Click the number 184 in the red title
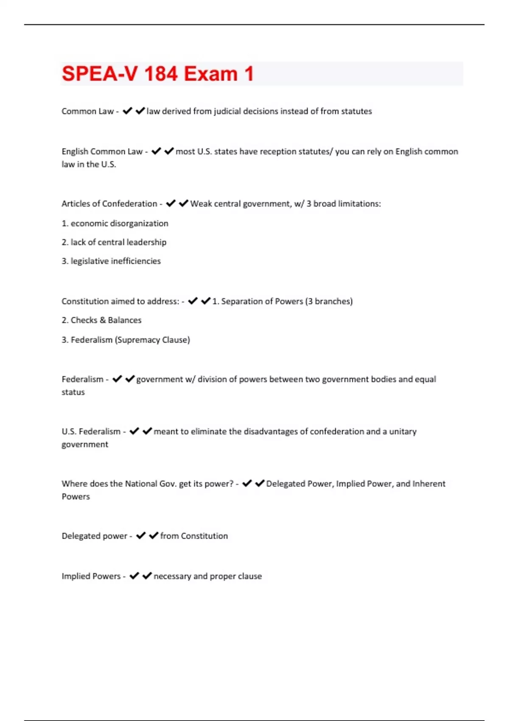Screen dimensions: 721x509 pos(161,74)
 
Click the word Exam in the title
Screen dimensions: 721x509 pos(211,74)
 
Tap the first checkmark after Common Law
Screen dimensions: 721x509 pos(127,111)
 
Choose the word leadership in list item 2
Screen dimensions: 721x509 pos(144,242)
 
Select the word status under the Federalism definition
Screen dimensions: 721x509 pos(73,392)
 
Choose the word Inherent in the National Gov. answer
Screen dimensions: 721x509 pos(429,483)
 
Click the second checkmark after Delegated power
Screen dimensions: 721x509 pos(154,536)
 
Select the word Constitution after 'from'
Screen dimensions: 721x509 pos(204,536)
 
